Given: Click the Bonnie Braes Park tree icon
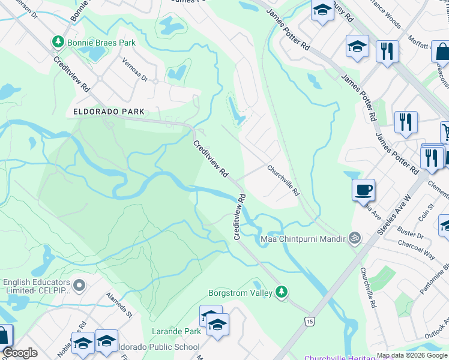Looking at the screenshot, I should (58, 43).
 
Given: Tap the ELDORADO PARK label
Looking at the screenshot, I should (109, 112).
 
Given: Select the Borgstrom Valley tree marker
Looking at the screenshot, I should (281, 292).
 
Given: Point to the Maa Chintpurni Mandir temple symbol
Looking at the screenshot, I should (355, 238).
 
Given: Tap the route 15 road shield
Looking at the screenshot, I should (309, 322).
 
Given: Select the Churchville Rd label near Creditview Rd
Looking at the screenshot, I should (283, 181).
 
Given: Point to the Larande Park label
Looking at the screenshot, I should (176, 331).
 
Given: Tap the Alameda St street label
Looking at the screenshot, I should (119, 304).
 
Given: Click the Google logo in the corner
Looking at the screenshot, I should (20, 353).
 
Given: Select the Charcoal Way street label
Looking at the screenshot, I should (417, 249).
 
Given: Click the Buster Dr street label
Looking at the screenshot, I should (411, 233).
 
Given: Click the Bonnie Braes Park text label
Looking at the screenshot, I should (101, 43).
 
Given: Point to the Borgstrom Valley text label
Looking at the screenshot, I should (240, 293).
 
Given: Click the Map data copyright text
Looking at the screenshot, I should (412, 355).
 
